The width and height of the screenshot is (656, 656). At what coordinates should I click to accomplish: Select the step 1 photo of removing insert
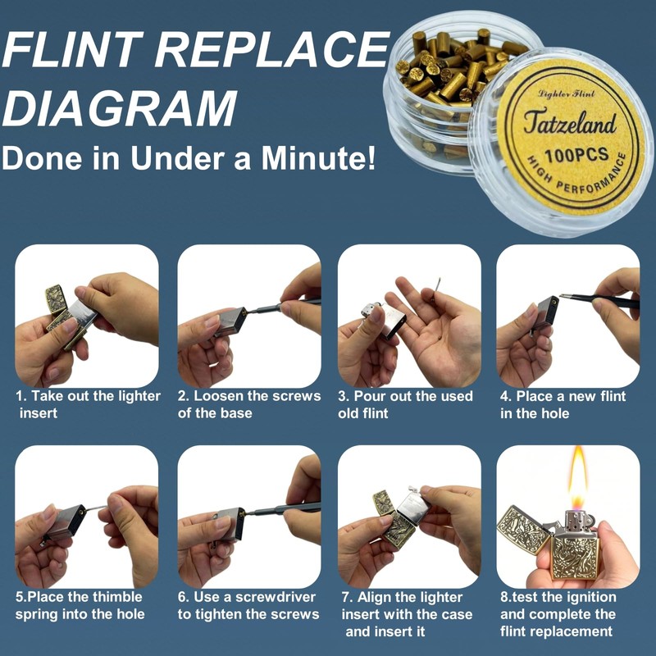click(x=86, y=316)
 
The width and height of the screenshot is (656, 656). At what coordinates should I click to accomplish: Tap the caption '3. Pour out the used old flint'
click(x=405, y=404)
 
